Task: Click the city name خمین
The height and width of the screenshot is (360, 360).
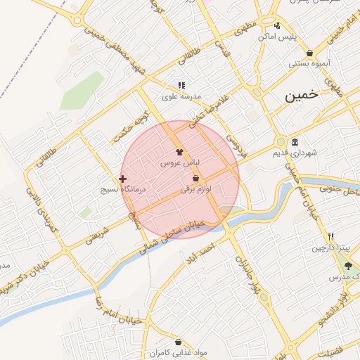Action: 301,95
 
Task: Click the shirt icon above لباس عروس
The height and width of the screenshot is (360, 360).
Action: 180,151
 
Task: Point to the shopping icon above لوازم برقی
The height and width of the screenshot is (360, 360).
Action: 195,179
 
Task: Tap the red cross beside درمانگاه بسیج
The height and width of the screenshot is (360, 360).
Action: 123,179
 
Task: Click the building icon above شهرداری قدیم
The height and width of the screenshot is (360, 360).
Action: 294,141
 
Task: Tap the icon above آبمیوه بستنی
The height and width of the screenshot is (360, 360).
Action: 309,53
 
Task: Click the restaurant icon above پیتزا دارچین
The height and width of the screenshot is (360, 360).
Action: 330,237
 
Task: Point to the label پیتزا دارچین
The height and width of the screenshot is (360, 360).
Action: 330,248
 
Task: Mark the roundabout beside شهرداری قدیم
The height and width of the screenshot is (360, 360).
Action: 281,141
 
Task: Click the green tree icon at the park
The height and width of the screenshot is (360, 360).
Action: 347,266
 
